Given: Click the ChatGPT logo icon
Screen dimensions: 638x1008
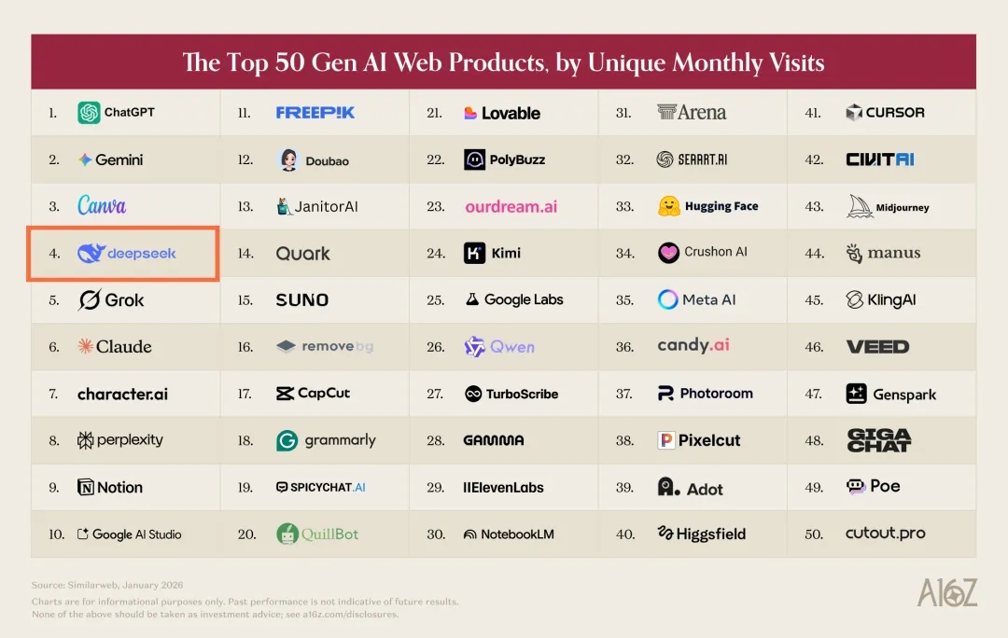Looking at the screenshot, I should pos(89,113).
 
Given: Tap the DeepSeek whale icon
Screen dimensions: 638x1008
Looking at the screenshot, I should pos(91,253).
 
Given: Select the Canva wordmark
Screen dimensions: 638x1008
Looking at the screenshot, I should pos(102,206).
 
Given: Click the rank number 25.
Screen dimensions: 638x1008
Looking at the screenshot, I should pos(435,300).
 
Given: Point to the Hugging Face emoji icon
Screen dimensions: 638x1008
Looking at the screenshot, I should pos(668,206).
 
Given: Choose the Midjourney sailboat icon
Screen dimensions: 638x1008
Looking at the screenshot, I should pos(859,206).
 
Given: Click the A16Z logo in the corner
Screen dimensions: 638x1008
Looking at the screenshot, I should pos(946,592).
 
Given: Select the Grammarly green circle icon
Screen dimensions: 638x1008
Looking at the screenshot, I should pos(287,440).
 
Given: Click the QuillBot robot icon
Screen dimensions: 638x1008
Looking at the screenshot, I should pos(287,534).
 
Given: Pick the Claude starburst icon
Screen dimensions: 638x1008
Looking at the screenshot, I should pos(86,347).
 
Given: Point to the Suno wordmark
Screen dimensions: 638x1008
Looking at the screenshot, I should pos(302,300).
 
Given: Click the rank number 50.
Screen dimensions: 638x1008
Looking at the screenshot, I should pos(814,534).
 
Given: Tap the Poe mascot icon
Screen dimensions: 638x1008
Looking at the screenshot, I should pos(856,487).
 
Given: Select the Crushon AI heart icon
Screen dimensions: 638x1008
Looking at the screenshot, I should pos(668,253).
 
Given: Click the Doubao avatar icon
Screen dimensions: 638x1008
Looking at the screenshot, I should pos(288,159).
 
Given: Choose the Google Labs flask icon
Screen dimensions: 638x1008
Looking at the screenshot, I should pos(472,300).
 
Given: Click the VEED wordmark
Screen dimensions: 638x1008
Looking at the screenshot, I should pos(877,347).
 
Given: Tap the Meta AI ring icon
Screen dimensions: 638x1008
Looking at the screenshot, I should pos(668,300).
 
